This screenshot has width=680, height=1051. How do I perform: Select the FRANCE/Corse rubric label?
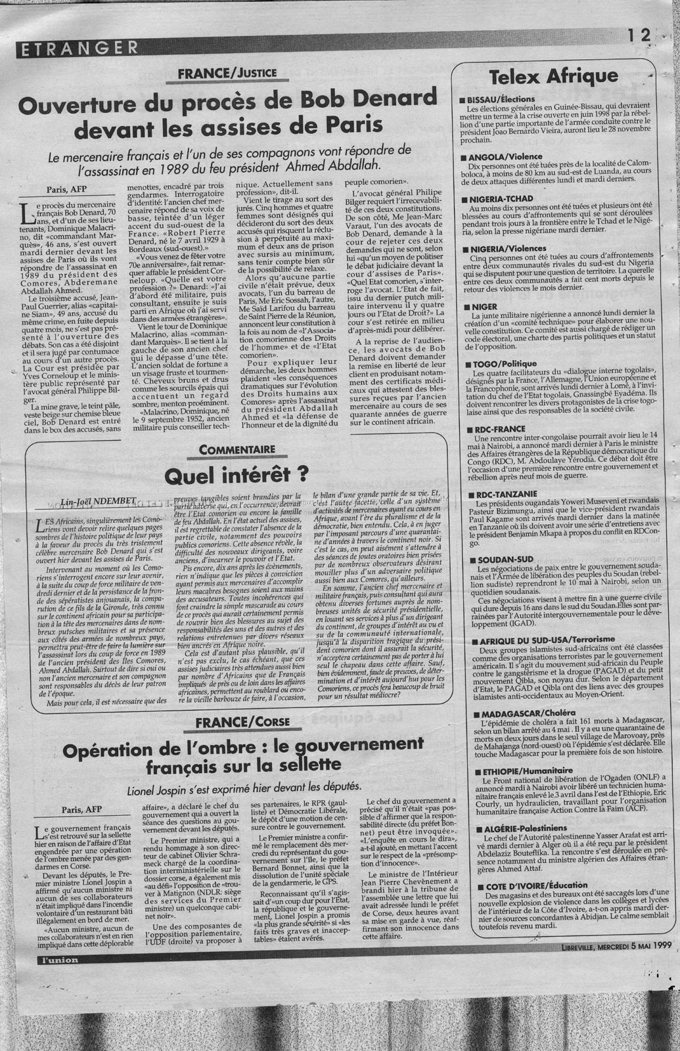pos(236,725)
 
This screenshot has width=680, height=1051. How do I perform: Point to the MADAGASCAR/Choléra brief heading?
pos(518,712)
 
